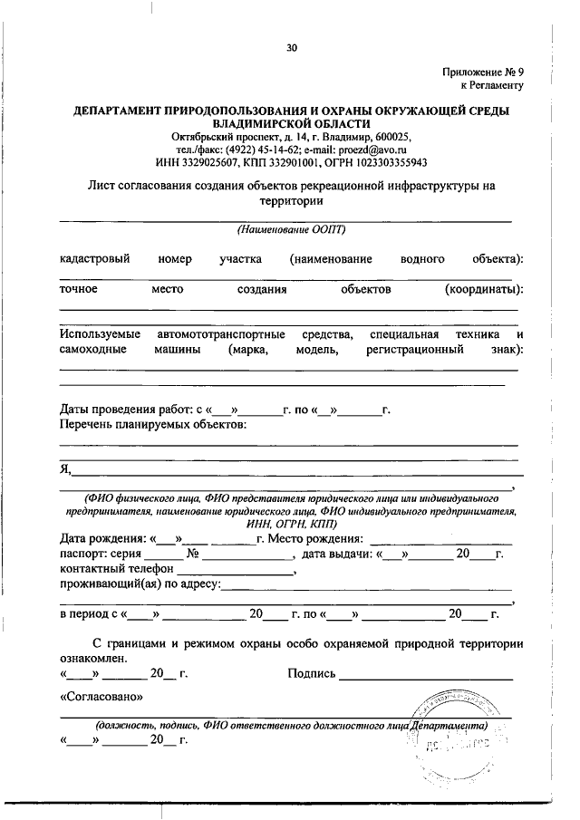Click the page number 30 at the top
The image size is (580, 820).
pos(291,48)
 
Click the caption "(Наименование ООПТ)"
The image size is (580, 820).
pos(291,229)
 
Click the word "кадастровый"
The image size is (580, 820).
pos(95,259)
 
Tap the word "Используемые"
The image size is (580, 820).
pos(99,335)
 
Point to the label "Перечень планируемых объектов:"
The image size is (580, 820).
pos(152,424)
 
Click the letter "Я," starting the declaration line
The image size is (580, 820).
pos(65,468)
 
